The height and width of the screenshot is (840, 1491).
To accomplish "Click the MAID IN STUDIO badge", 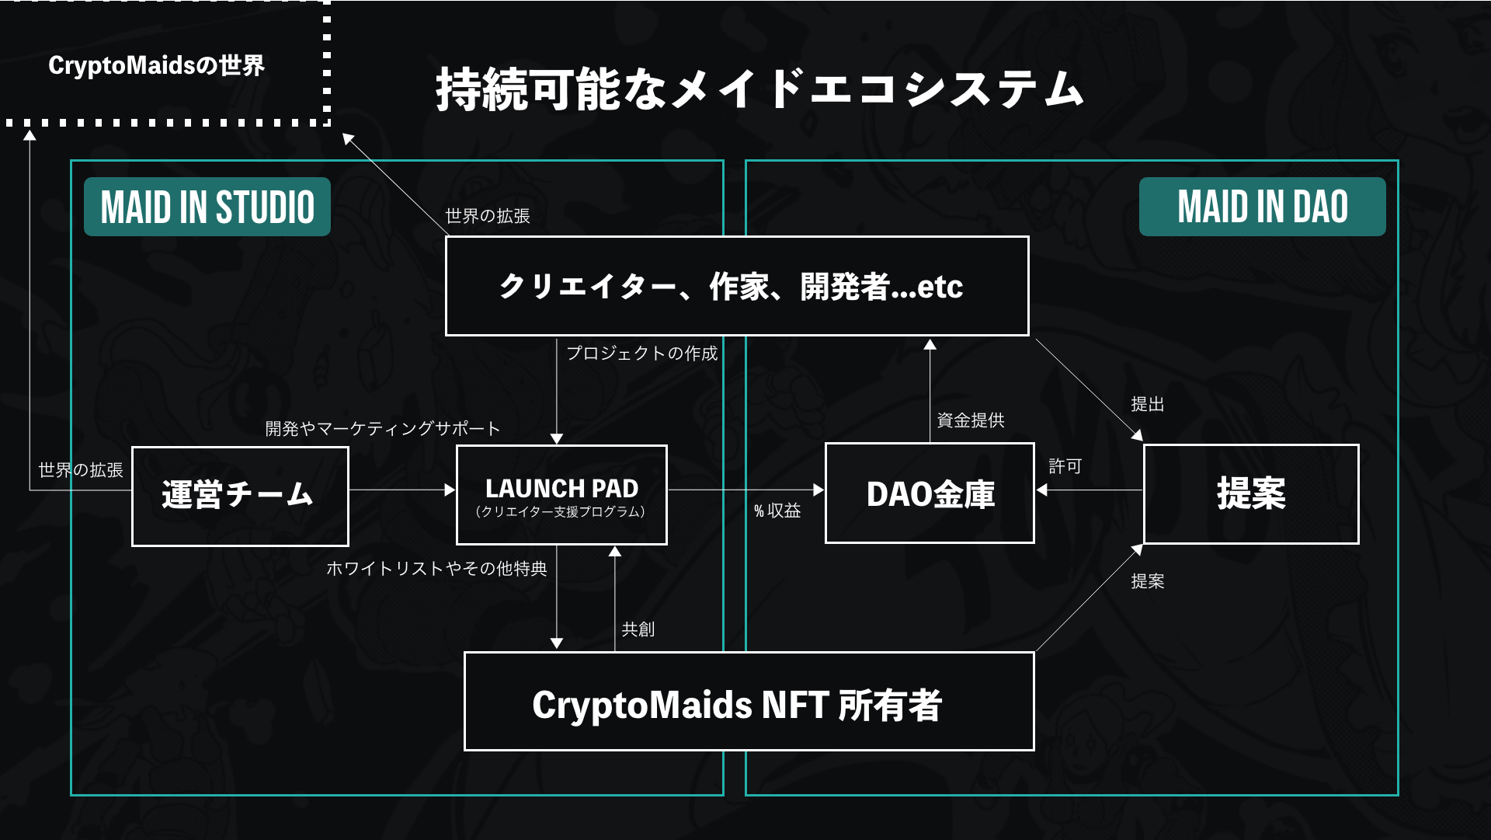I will point(207,207).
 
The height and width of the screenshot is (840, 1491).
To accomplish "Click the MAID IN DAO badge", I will point(1262,207).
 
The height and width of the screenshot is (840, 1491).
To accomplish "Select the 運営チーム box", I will point(240,496).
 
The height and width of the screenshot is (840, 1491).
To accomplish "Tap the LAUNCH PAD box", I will point(561,495).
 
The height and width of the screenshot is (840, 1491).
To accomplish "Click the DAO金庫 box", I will point(930,493).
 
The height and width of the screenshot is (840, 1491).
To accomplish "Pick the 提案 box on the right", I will point(1251,494).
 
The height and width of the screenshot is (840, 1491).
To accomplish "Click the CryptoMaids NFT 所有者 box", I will point(749,702).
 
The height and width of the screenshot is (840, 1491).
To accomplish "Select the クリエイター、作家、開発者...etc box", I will point(737,286).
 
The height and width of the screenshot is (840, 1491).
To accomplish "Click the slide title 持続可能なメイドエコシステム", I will point(759,89).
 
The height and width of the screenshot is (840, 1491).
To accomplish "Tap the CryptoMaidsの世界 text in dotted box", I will point(156,65).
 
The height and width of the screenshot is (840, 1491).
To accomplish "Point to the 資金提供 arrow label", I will point(971,420).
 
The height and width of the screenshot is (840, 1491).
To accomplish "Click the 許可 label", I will point(1065,466).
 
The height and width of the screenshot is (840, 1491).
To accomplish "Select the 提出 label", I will point(1147,404).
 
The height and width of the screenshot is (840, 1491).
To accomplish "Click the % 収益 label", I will point(777,511).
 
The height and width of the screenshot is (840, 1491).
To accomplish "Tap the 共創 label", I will point(638,629).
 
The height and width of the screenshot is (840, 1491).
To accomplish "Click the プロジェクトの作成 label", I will point(641,354).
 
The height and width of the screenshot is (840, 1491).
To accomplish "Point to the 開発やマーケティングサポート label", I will point(382,429).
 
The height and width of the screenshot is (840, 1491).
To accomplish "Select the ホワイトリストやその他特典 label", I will point(436,569).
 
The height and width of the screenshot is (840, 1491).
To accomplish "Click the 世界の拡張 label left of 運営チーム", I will point(81,470).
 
